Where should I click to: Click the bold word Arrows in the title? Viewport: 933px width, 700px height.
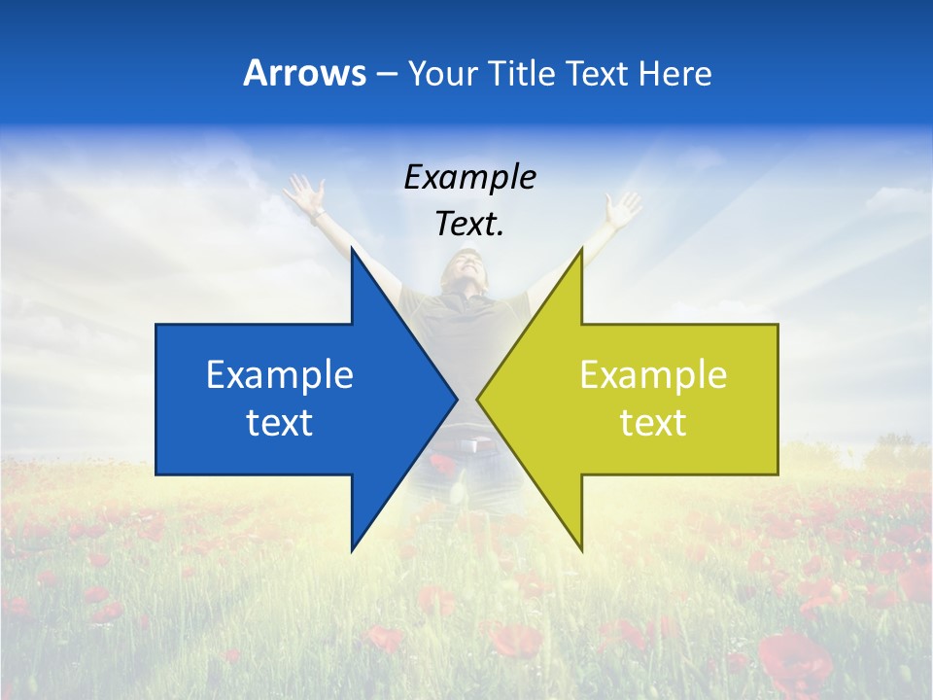pos(304,73)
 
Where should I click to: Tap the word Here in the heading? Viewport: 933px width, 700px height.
pos(674,73)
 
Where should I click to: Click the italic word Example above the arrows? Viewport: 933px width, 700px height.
pos(469,178)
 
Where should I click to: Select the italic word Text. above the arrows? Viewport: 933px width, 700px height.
pos(469,224)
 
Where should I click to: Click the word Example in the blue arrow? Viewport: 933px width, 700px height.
pos(280,375)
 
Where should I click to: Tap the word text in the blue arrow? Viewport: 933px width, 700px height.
pos(280,423)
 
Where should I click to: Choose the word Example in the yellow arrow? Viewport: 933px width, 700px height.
pos(653,375)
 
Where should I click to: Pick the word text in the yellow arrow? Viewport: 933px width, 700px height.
pos(653,423)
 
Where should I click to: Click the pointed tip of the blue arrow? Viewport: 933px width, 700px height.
pos(456,400)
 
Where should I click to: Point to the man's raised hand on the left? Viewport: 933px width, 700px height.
pos(304,194)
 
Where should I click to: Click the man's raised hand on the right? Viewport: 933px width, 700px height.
pos(623,207)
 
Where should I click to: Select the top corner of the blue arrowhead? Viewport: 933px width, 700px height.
pos(352,249)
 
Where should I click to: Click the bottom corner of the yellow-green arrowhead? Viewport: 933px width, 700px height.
pos(581,549)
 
